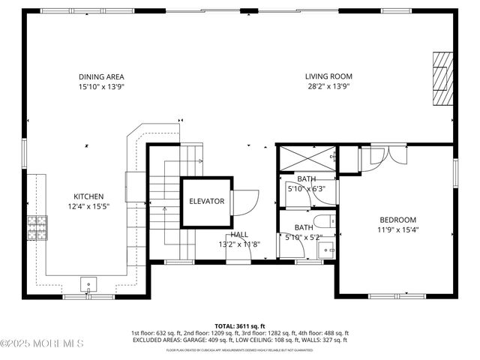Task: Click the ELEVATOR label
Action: (206, 202)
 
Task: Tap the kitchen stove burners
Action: (36, 223)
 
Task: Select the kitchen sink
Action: (89, 284)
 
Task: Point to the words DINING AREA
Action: (101, 76)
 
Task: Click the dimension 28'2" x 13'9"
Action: (328, 86)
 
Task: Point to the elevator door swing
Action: (244, 201)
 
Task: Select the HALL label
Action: (239, 235)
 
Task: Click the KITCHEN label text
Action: (88, 196)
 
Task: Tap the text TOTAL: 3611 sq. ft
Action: (240, 326)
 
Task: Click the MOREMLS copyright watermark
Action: (42, 343)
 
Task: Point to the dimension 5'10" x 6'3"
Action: (306, 189)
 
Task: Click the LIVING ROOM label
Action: (328, 76)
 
